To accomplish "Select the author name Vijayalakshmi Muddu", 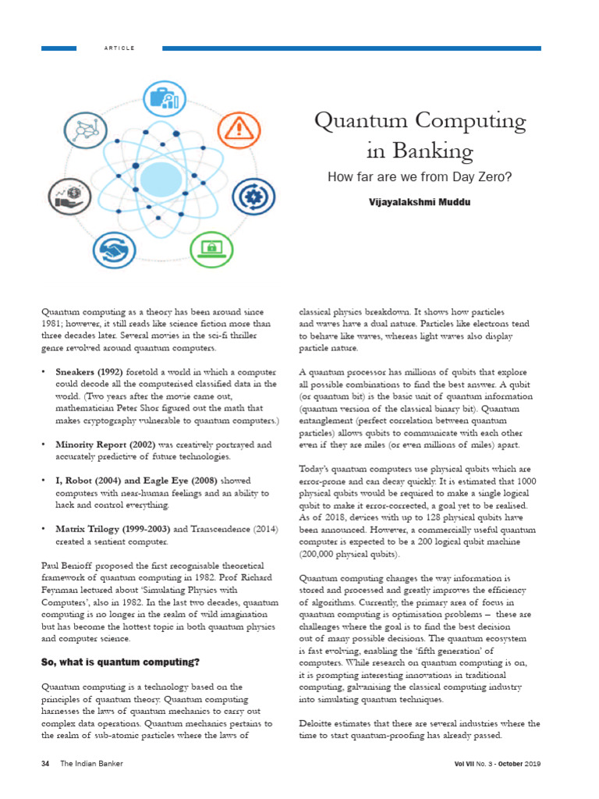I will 420,201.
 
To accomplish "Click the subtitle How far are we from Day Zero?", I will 420,177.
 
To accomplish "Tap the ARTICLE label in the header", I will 119,48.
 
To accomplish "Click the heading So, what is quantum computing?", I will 120,662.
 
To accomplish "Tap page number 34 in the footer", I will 45,762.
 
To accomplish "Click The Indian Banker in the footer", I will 91,762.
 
